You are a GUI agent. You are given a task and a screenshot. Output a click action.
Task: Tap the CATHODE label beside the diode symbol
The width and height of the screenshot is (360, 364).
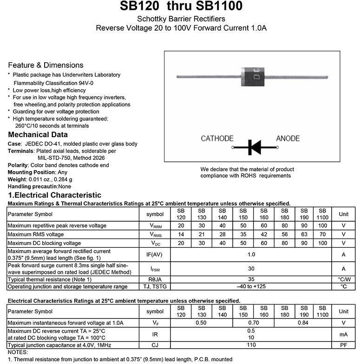217,139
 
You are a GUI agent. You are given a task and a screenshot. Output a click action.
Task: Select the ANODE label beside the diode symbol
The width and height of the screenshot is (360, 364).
288,139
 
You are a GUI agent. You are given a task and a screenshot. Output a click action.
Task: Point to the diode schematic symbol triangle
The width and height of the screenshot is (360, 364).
255,147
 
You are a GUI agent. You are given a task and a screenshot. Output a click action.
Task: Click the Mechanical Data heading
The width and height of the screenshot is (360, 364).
38,135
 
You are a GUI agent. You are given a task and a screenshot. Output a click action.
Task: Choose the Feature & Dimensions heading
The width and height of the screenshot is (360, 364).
46,65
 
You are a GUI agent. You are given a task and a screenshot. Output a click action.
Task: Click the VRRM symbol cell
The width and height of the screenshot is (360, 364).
155,225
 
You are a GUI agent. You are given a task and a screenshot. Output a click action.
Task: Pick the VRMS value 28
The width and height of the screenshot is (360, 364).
223,234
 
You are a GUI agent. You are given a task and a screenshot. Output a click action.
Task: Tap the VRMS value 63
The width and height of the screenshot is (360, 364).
304,234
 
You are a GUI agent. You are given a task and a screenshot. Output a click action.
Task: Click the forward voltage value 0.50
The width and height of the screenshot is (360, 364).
201,323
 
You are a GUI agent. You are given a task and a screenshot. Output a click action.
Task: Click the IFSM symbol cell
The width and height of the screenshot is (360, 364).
155,269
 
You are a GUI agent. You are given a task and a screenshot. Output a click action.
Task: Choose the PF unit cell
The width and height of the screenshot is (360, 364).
344,345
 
